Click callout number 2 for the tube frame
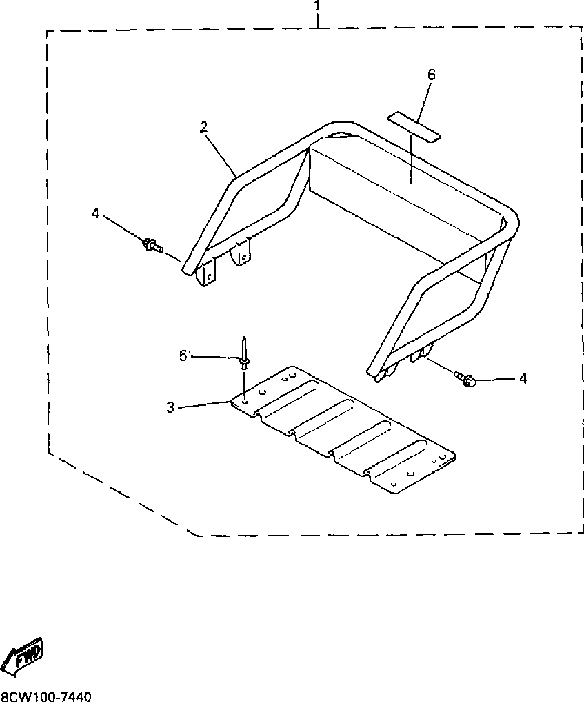pyautogui.click(x=203, y=127)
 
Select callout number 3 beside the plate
pyautogui.click(x=171, y=407)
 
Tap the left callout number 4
pyautogui.click(x=95, y=215)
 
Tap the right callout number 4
pyautogui.click(x=523, y=378)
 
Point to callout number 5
pyautogui.click(x=183, y=355)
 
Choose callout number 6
pyautogui.click(x=432, y=75)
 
